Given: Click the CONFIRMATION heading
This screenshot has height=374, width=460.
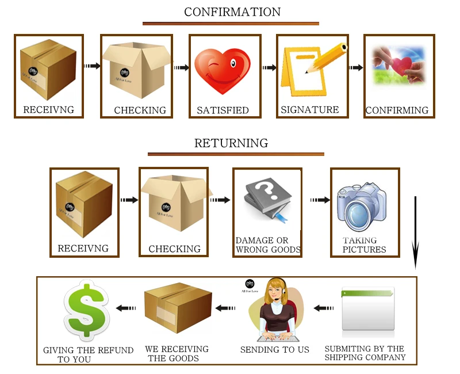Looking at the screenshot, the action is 232,12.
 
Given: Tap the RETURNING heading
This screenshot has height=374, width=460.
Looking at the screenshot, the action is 231,143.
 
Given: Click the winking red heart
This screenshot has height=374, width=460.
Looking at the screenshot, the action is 223,71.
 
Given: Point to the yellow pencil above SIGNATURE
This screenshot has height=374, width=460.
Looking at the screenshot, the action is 326,58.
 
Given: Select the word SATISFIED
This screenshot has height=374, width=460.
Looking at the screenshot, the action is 223,110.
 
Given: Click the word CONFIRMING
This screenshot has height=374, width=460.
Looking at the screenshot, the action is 397,110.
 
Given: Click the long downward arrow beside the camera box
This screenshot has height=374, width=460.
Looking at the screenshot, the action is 415,232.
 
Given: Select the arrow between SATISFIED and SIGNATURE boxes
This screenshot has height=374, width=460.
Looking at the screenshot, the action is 269,68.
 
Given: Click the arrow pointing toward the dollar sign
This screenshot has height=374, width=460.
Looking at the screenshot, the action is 126,308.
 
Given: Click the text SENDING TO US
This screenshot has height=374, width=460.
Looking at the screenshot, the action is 275,350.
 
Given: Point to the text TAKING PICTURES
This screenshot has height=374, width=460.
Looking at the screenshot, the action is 364,245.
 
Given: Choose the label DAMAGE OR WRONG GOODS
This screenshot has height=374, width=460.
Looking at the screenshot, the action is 268,245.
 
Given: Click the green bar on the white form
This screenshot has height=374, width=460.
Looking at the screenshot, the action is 367,293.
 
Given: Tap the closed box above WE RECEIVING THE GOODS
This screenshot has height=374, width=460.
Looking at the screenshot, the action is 178,308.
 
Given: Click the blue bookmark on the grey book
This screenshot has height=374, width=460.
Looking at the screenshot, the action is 281,217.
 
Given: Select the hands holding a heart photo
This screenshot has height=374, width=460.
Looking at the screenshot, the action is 399,65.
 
